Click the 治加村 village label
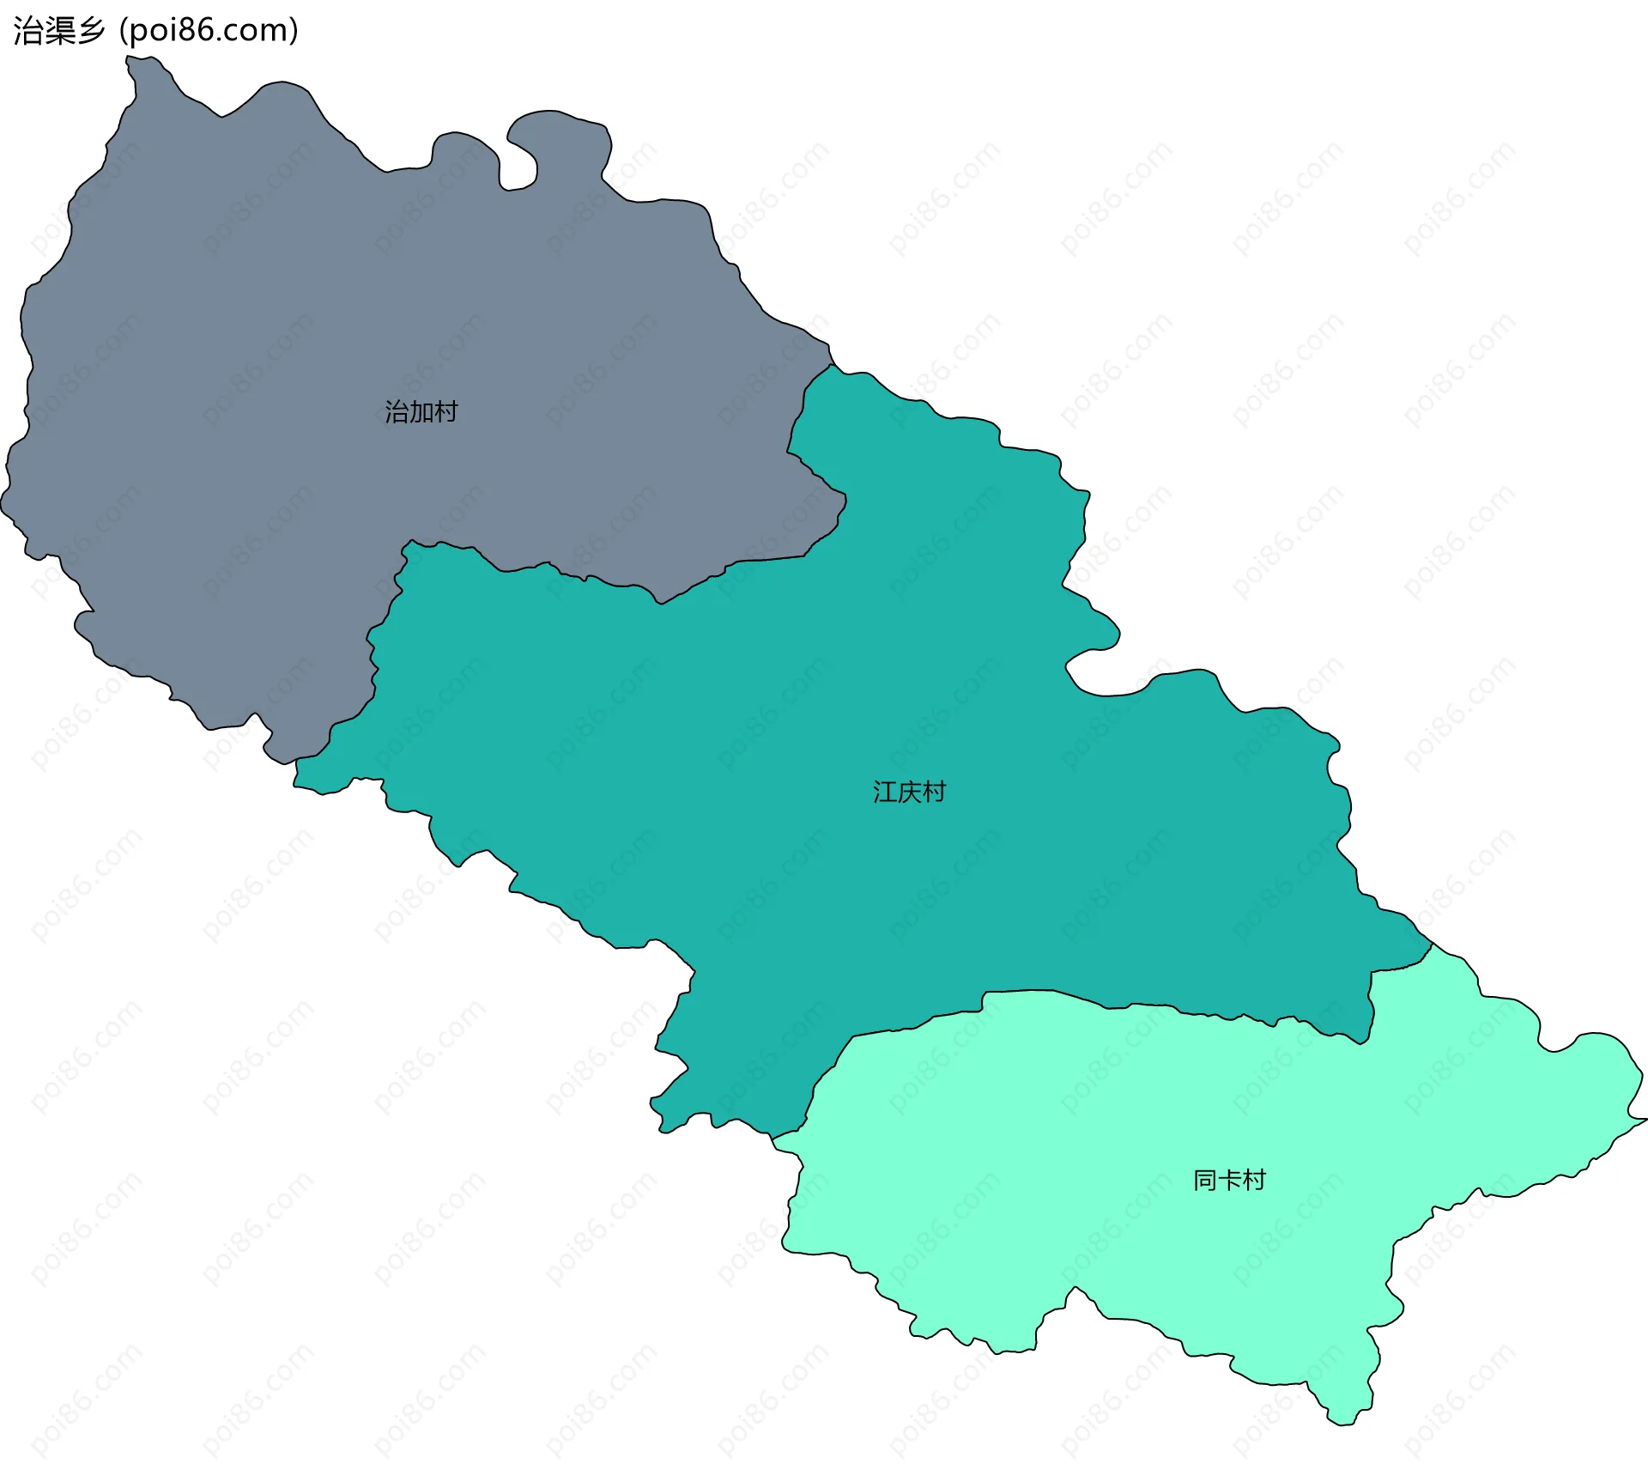(x=421, y=412)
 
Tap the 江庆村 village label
(x=909, y=792)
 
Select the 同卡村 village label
(x=1229, y=1181)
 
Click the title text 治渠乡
(x=58, y=31)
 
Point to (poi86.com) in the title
(x=209, y=31)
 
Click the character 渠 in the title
(x=58, y=31)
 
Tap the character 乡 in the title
(x=90, y=31)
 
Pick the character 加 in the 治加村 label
(x=421, y=412)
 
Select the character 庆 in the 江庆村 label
(x=909, y=792)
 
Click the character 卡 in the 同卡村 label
(x=1229, y=1181)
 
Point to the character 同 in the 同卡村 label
(x=1205, y=1181)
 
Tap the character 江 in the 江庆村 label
(x=885, y=792)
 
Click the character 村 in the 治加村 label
(x=445, y=412)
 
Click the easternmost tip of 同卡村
(x=1645, y=1120)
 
